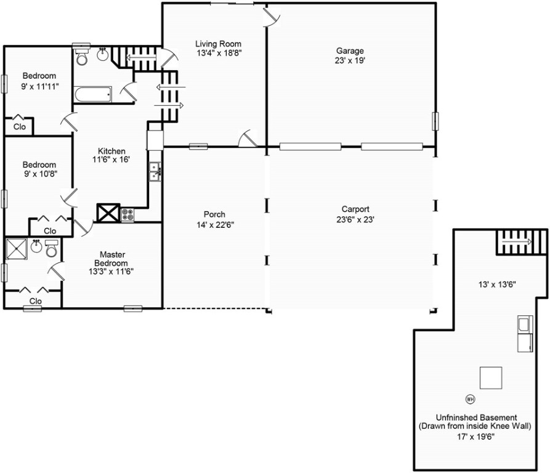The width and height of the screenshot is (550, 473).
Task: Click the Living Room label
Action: pos(218,44)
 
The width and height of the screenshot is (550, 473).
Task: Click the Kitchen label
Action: pos(111,151)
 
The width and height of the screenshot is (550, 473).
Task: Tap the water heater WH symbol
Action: pos(471,398)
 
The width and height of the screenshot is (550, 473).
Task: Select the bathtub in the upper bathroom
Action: pos(93,95)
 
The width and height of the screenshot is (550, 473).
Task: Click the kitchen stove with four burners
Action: pos(128,214)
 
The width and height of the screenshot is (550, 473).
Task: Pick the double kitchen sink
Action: pos(155,171)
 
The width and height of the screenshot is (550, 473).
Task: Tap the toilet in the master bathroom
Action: pos(51,248)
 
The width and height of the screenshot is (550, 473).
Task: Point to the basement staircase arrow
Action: pos(521,242)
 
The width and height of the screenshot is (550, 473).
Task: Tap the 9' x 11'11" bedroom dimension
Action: pos(39,86)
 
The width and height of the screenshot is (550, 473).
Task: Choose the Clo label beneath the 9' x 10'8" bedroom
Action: pos(50,231)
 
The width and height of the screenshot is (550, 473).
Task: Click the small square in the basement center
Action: pos(491,378)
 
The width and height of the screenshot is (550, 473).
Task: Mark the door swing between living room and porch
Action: pos(249,138)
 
